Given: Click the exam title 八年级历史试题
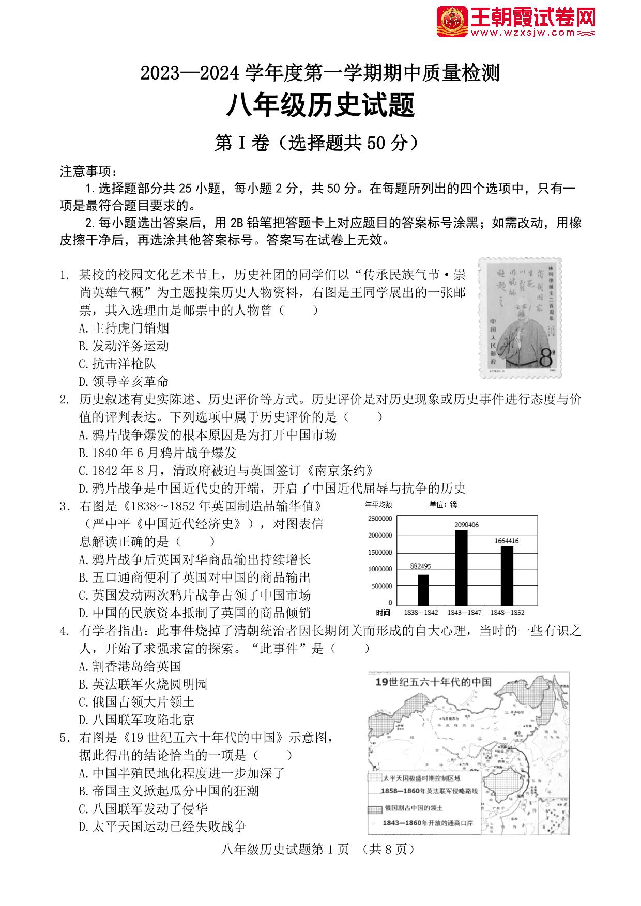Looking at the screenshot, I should pyautogui.click(x=320, y=106).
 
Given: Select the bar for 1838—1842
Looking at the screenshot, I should pyautogui.click(x=423, y=589).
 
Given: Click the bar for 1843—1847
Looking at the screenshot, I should pyautogui.click(x=461, y=567).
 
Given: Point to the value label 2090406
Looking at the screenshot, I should pyautogui.click(x=466, y=525).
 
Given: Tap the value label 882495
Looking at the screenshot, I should pyautogui.click(x=420, y=566).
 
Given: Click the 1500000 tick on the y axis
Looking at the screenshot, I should pyautogui.click(x=380, y=552).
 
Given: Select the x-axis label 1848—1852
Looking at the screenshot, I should pyautogui.click(x=507, y=613).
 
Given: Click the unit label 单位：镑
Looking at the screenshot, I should pyautogui.click(x=444, y=504).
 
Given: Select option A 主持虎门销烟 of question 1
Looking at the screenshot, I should pyautogui.click(x=124, y=328).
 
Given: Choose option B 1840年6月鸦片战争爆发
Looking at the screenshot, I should pyautogui.click(x=158, y=453).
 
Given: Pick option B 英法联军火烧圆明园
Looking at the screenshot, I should pyautogui.click(x=143, y=684).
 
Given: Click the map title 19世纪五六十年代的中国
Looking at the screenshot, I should pyautogui.click(x=433, y=682).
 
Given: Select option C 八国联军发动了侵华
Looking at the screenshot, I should pyautogui.click(x=143, y=809).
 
